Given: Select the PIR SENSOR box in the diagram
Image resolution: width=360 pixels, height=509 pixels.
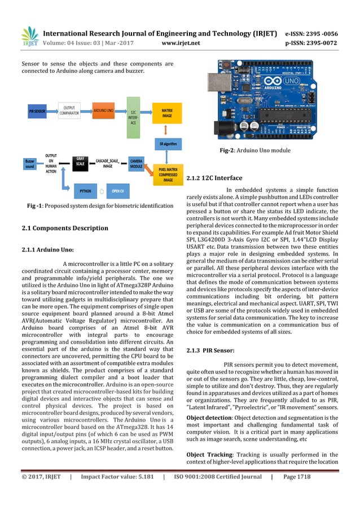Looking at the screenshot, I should point(38,112).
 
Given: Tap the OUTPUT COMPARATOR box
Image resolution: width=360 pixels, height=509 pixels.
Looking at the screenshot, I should point(69,109).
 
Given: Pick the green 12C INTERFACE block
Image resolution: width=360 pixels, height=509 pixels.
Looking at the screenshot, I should point(133,117).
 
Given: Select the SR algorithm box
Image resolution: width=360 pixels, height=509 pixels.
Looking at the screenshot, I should point(168,144).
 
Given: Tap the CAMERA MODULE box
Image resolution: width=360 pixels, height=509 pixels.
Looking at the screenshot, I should point(137,163).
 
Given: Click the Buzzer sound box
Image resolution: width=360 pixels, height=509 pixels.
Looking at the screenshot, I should point(30,164).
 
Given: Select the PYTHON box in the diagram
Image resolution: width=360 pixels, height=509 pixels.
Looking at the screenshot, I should point(85,191).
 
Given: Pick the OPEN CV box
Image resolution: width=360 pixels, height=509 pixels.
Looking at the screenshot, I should point(117,191).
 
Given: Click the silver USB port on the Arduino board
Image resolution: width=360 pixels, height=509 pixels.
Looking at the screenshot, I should point(217,84).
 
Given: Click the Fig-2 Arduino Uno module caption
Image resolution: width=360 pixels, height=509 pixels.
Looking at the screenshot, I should point(254,151).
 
